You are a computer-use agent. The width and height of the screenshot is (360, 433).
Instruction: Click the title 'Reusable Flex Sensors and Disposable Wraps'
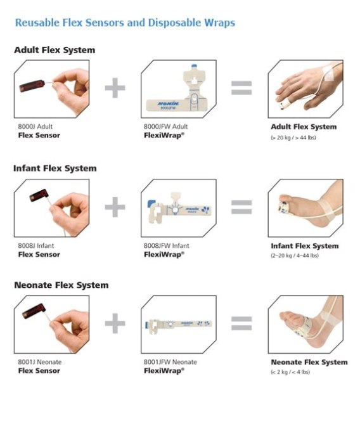tap(125, 23)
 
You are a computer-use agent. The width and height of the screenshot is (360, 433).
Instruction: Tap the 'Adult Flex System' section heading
tap(55, 50)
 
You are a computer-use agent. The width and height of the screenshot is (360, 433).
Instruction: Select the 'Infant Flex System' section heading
tap(55, 168)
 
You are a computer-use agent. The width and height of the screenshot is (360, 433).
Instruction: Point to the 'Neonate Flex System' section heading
tap(61, 285)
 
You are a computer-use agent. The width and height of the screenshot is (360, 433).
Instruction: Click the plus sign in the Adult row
tap(115, 88)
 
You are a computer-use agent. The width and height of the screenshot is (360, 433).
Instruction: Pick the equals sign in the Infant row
tap(241, 207)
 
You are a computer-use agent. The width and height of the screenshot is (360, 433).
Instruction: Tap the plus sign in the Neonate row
tap(115, 323)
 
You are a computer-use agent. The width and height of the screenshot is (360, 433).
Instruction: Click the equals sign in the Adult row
tap(241, 88)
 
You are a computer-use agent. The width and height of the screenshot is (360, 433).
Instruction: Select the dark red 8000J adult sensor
tap(32, 86)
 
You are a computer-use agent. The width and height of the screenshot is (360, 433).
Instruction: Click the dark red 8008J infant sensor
tap(39, 195)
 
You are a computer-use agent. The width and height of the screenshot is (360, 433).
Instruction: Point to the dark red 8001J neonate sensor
tap(34, 311)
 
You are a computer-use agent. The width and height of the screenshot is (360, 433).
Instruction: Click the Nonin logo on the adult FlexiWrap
tap(169, 103)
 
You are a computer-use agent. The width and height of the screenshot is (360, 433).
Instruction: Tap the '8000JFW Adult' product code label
tap(165, 126)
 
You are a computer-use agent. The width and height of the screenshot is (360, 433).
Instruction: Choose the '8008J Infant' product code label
tap(36, 245)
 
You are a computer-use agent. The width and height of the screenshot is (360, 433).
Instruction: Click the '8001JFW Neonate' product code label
tap(170, 362)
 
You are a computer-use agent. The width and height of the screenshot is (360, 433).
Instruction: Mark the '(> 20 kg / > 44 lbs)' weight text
tap(293, 137)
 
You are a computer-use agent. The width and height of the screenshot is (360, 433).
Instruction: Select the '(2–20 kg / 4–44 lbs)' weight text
tap(295, 255)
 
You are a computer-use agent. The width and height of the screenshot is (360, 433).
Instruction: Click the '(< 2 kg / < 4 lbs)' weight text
tap(290, 372)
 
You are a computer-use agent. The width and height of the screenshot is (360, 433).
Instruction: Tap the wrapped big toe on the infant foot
tap(285, 207)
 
